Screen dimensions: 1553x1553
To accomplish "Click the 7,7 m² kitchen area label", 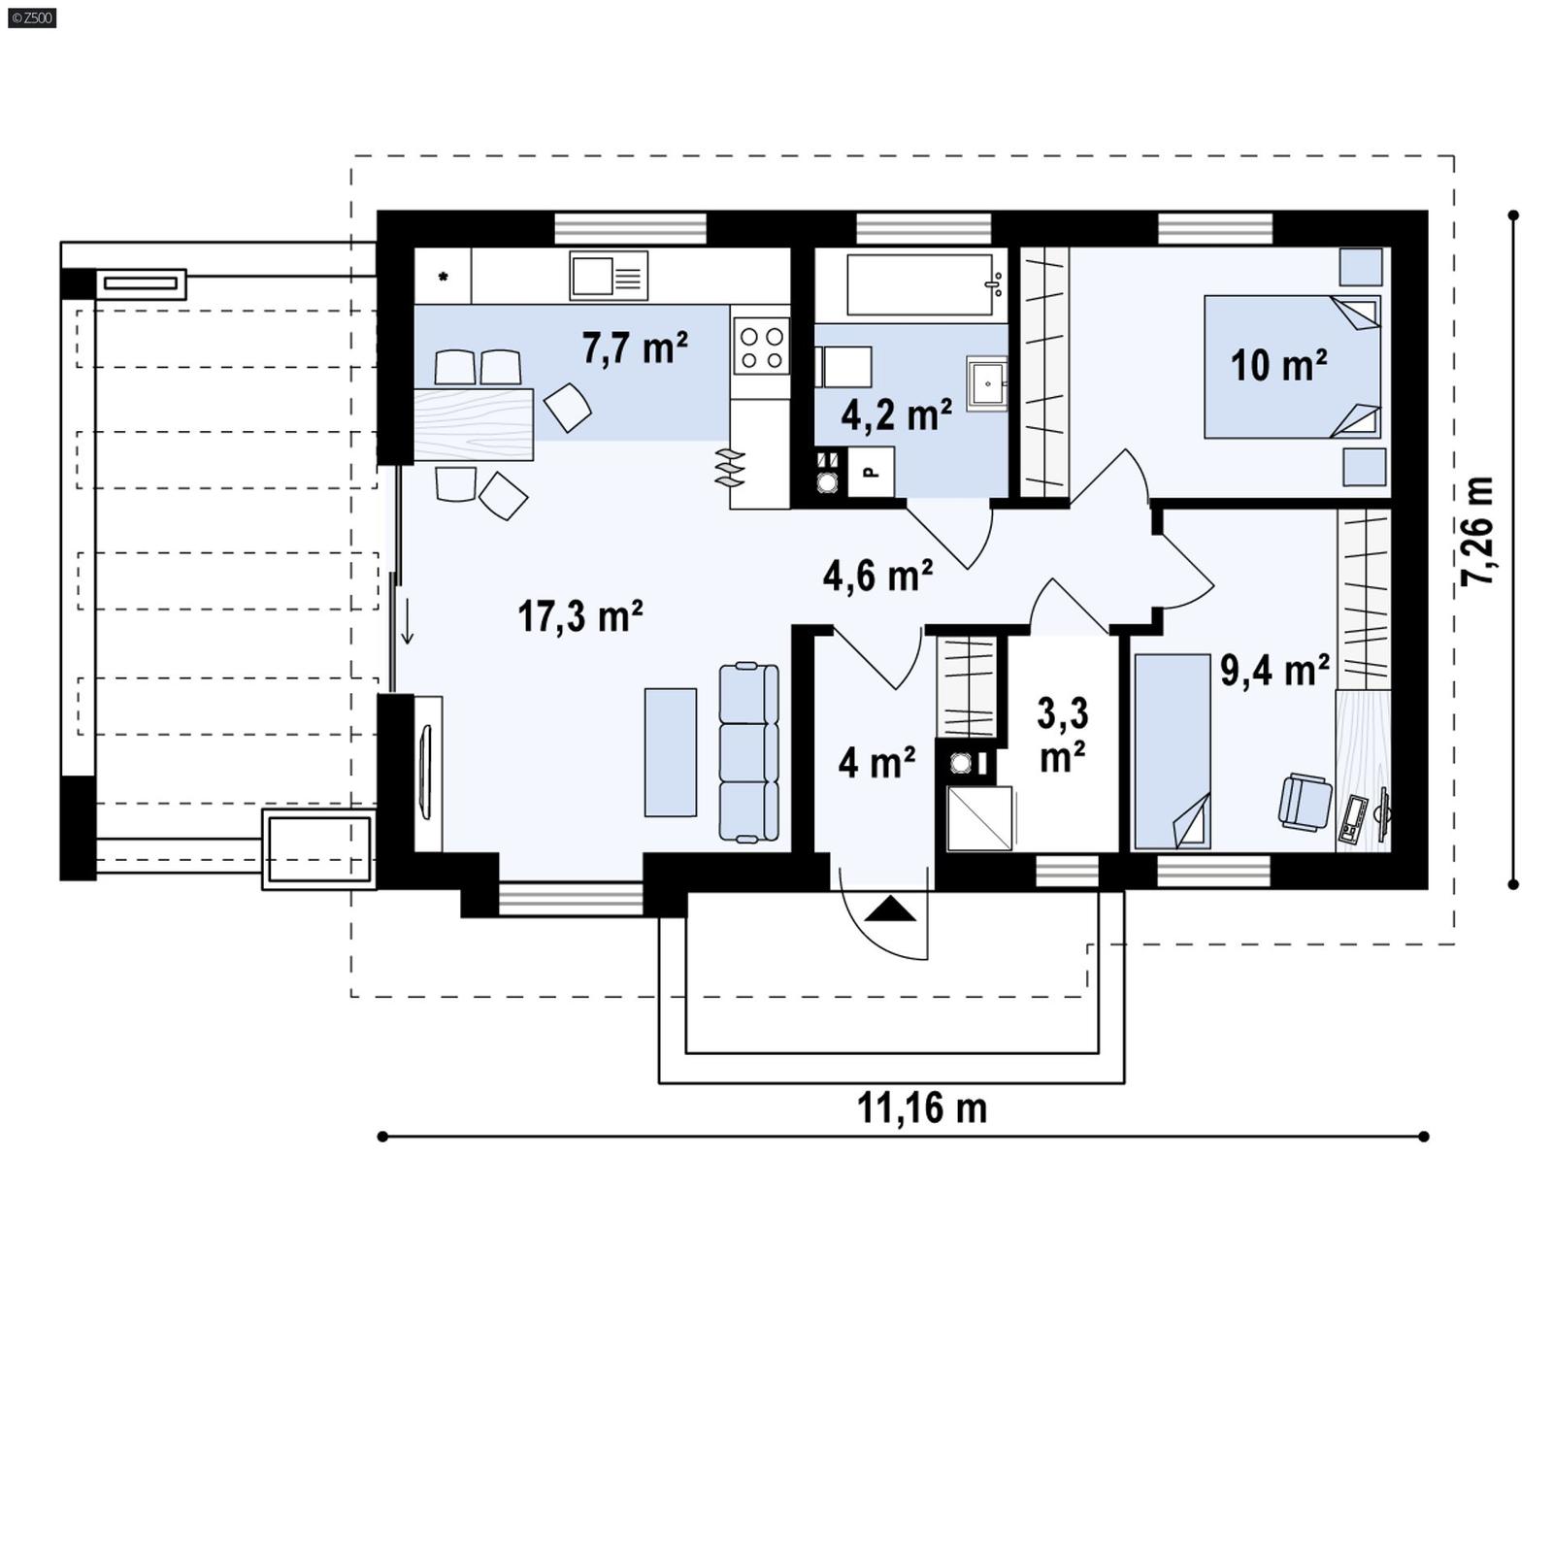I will point(635,347).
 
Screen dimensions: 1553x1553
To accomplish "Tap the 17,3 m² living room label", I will point(579,616).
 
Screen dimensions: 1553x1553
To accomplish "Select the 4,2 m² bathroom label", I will point(895,415).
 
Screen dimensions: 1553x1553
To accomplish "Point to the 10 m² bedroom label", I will point(1277,366).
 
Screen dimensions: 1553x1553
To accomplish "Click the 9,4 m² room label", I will point(1273,670).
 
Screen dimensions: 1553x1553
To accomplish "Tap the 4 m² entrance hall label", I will point(876,763).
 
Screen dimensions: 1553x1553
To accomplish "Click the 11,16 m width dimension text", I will point(921,1108).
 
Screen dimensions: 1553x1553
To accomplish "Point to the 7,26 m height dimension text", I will point(1477,530).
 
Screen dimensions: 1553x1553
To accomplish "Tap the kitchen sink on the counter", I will point(608,276).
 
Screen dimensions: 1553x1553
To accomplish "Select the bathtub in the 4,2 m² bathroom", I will point(920,284).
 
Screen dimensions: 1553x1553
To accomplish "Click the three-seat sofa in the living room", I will point(748,752).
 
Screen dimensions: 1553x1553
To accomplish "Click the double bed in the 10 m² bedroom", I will point(1291,367).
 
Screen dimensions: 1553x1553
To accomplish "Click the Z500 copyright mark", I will point(31,17).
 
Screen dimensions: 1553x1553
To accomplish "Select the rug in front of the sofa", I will point(670,752).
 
